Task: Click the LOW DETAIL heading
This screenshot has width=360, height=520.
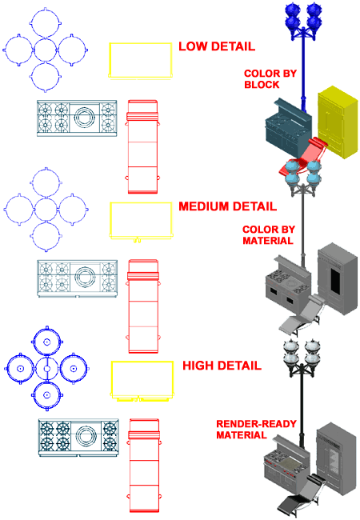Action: coord(217,46)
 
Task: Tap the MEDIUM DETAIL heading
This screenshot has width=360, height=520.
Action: coord(227,206)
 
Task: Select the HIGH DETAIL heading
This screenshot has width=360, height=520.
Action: coord(222,366)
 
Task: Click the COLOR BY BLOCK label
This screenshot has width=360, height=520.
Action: coord(270,79)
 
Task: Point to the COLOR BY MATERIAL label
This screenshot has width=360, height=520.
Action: coord(269,234)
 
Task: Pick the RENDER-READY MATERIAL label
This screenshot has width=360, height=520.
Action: coord(256,429)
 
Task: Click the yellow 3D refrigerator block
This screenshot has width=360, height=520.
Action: coord(338,122)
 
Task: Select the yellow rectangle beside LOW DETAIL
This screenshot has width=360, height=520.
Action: coord(141,61)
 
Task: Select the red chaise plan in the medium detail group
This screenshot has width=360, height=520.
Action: coord(143,306)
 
